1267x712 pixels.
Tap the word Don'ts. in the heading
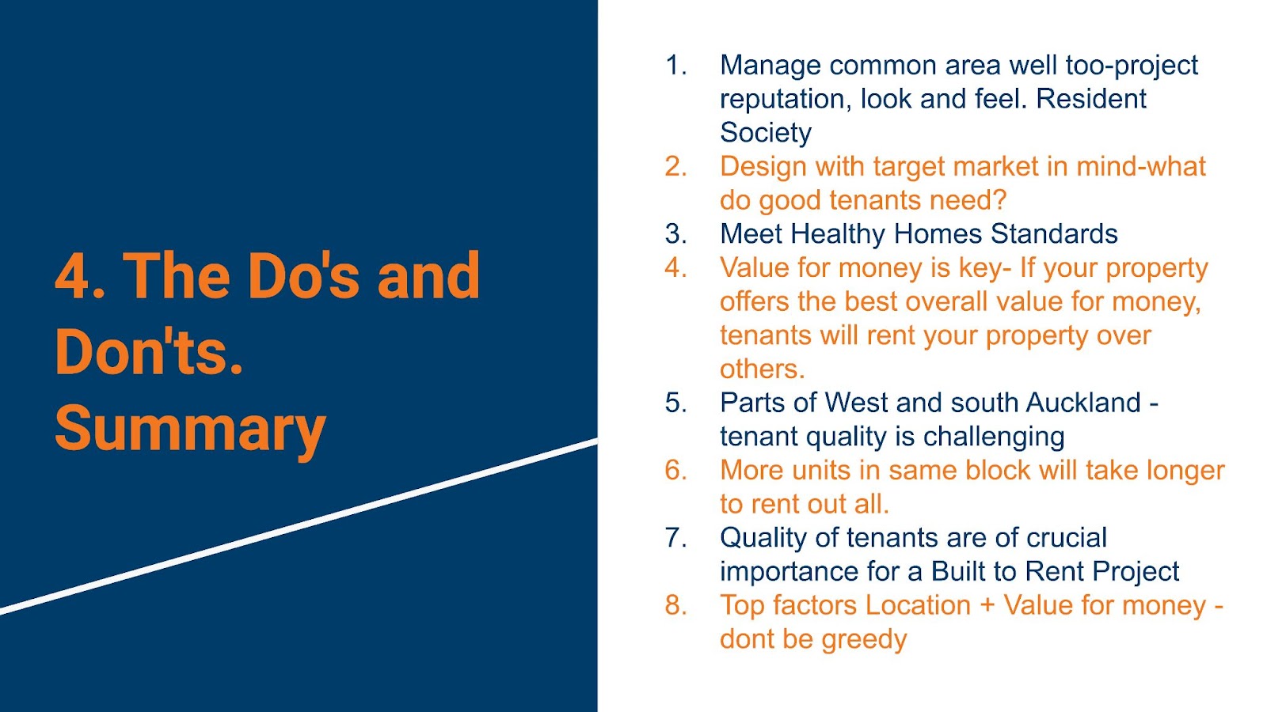[x=149, y=352]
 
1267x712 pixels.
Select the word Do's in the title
[x=303, y=276]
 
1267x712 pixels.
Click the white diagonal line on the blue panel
[x=299, y=525]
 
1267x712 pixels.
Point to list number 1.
[x=675, y=66]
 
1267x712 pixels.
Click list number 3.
[x=676, y=234]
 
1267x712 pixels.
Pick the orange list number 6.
[x=676, y=470]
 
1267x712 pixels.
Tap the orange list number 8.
[x=676, y=605]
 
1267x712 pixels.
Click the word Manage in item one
[x=770, y=66]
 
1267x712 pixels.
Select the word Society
[x=766, y=134]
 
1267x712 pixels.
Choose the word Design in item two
[x=763, y=168]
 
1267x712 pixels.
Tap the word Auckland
[x=1083, y=403]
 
